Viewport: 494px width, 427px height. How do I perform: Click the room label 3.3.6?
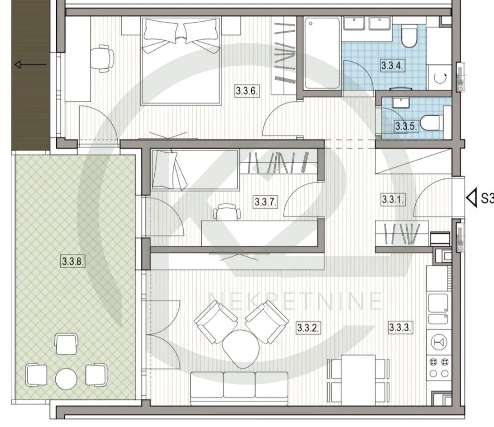click(247, 91)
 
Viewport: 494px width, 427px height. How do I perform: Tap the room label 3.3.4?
click(392, 66)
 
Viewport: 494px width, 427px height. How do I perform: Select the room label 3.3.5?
click(406, 127)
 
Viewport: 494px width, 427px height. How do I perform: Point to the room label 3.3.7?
click(265, 202)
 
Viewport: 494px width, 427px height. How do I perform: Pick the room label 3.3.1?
click(393, 199)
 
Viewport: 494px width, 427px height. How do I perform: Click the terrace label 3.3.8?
click(73, 261)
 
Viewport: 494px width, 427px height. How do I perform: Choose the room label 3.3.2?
click(308, 328)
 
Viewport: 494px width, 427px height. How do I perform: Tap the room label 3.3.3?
click(400, 327)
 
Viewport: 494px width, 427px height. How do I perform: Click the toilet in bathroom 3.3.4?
click(409, 36)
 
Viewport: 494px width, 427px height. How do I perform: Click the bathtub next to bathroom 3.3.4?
click(322, 53)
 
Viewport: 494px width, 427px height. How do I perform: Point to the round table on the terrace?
click(66, 379)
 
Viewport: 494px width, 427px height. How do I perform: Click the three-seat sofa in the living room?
click(239, 388)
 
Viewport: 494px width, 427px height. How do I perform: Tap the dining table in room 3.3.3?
click(358, 380)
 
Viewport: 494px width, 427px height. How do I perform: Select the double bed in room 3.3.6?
click(181, 60)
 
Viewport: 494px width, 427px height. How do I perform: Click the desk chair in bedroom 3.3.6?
click(102, 58)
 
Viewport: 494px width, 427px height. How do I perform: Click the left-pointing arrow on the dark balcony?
click(30, 65)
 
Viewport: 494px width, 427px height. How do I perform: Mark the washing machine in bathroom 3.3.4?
click(440, 77)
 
